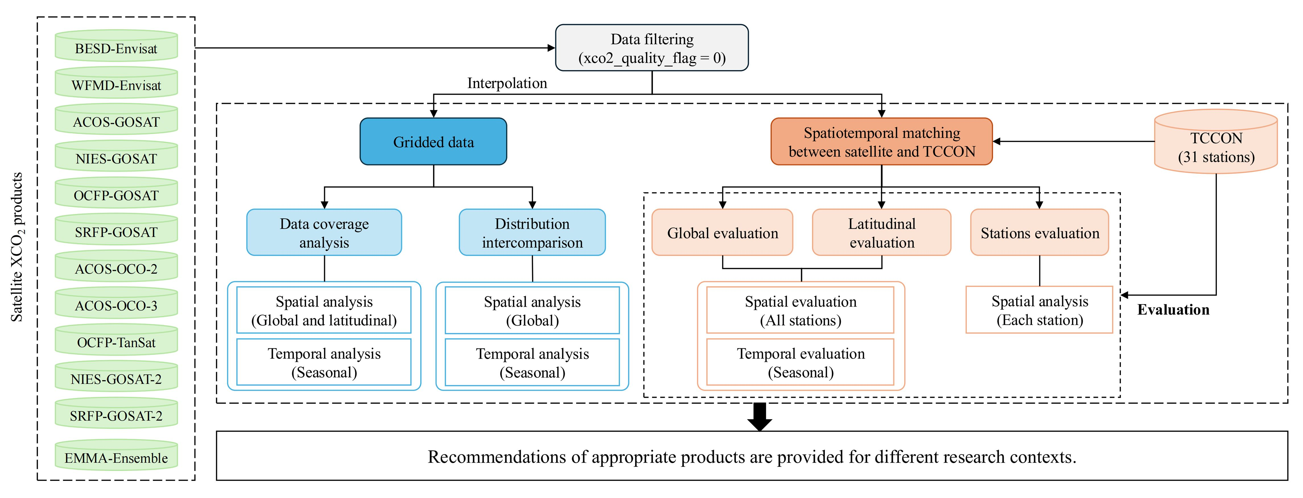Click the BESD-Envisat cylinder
[x=116, y=46]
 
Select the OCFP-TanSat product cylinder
[x=116, y=340]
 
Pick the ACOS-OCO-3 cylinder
[x=116, y=303]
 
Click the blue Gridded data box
[x=434, y=142]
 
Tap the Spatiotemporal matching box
[x=882, y=142]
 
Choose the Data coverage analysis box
[x=324, y=232]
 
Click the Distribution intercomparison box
[x=532, y=232]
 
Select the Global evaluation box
[x=722, y=232]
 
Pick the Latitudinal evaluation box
[x=882, y=232]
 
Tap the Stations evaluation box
[x=1040, y=232]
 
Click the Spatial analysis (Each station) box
[x=1040, y=310]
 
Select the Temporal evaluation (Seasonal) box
[x=800, y=362]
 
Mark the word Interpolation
[x=507, y=83]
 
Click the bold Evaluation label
[x=1173, y=310]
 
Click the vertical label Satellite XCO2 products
[x=17, y=247]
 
